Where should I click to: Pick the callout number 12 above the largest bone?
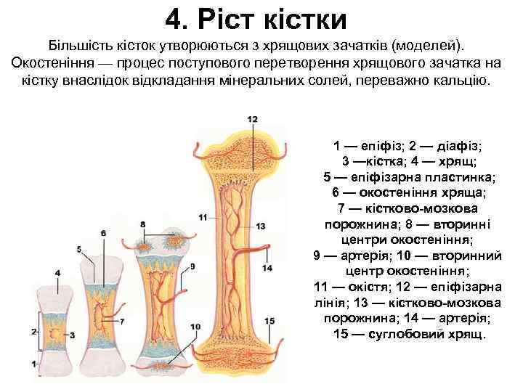click(x=252, y=119)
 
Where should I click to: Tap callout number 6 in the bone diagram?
click(x=104, y=232)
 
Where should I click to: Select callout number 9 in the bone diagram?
click(x=192, y=266)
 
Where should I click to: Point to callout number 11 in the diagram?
click(x=203, y=216)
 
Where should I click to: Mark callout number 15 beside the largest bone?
click(x=269, y=320)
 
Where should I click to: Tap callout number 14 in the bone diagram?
click(x=267, y=267)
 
